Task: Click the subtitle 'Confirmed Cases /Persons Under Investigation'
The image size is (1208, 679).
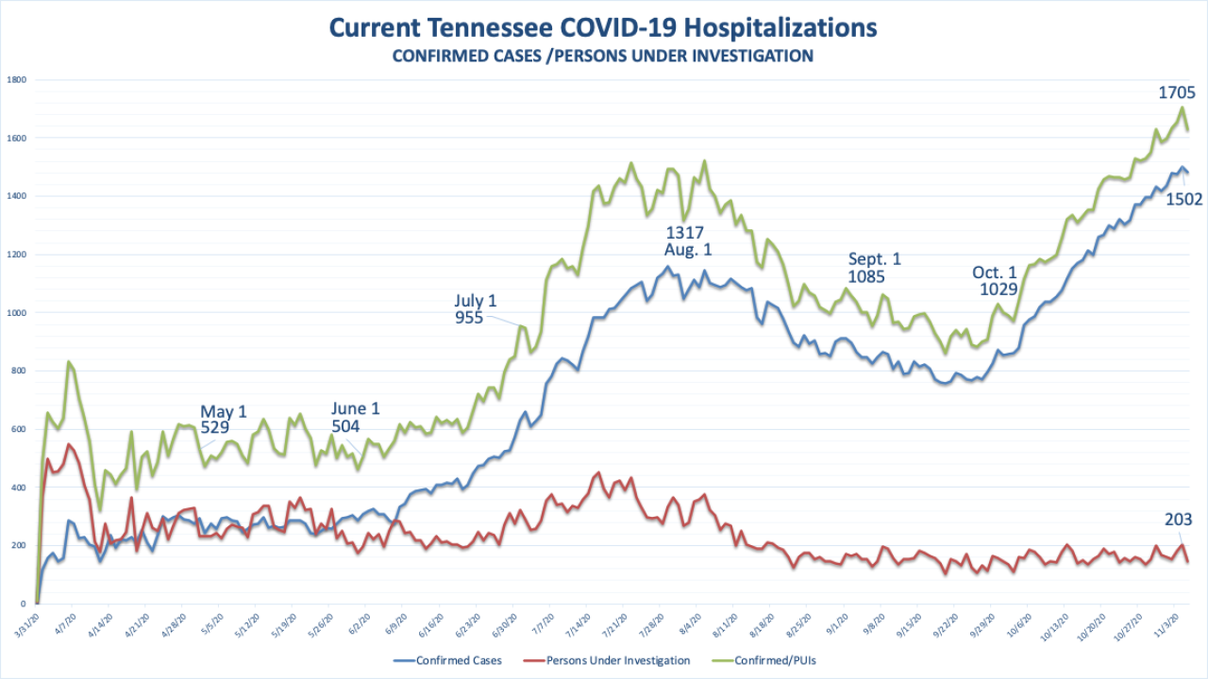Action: tap(603, 56)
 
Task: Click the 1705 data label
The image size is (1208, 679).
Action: tap(1177, 92)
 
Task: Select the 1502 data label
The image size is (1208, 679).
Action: tap(1182, 199)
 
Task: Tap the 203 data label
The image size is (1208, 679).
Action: tap(1179, 520)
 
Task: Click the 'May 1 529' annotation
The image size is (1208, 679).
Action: tap(223, 420)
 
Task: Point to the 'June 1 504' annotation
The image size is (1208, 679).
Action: tap(356, 417)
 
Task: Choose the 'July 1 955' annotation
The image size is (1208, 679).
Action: tap(476, 309)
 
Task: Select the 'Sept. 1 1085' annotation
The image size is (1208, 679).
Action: tap(875, 268)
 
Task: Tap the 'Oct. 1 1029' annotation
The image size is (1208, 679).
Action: tap(995, 281)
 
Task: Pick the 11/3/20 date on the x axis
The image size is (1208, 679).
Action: tap(1166, 622)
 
